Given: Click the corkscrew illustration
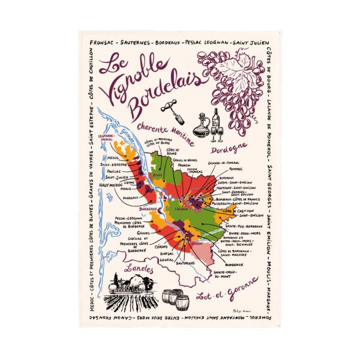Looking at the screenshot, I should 170,106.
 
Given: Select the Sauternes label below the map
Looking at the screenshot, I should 186,263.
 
